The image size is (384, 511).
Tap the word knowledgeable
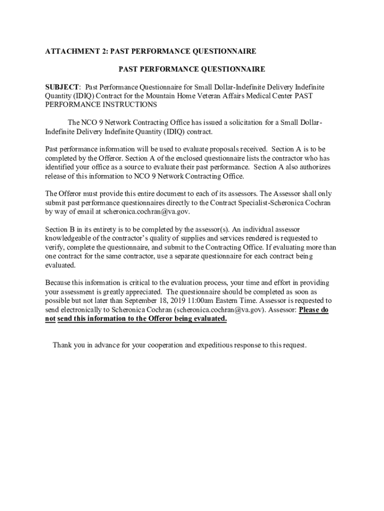pyautogui.click(x=69, y=238)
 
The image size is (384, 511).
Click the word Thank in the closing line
pyautogui.click(x=62, y=345)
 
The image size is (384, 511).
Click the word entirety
pyautogui.click(x=96, y=229)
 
